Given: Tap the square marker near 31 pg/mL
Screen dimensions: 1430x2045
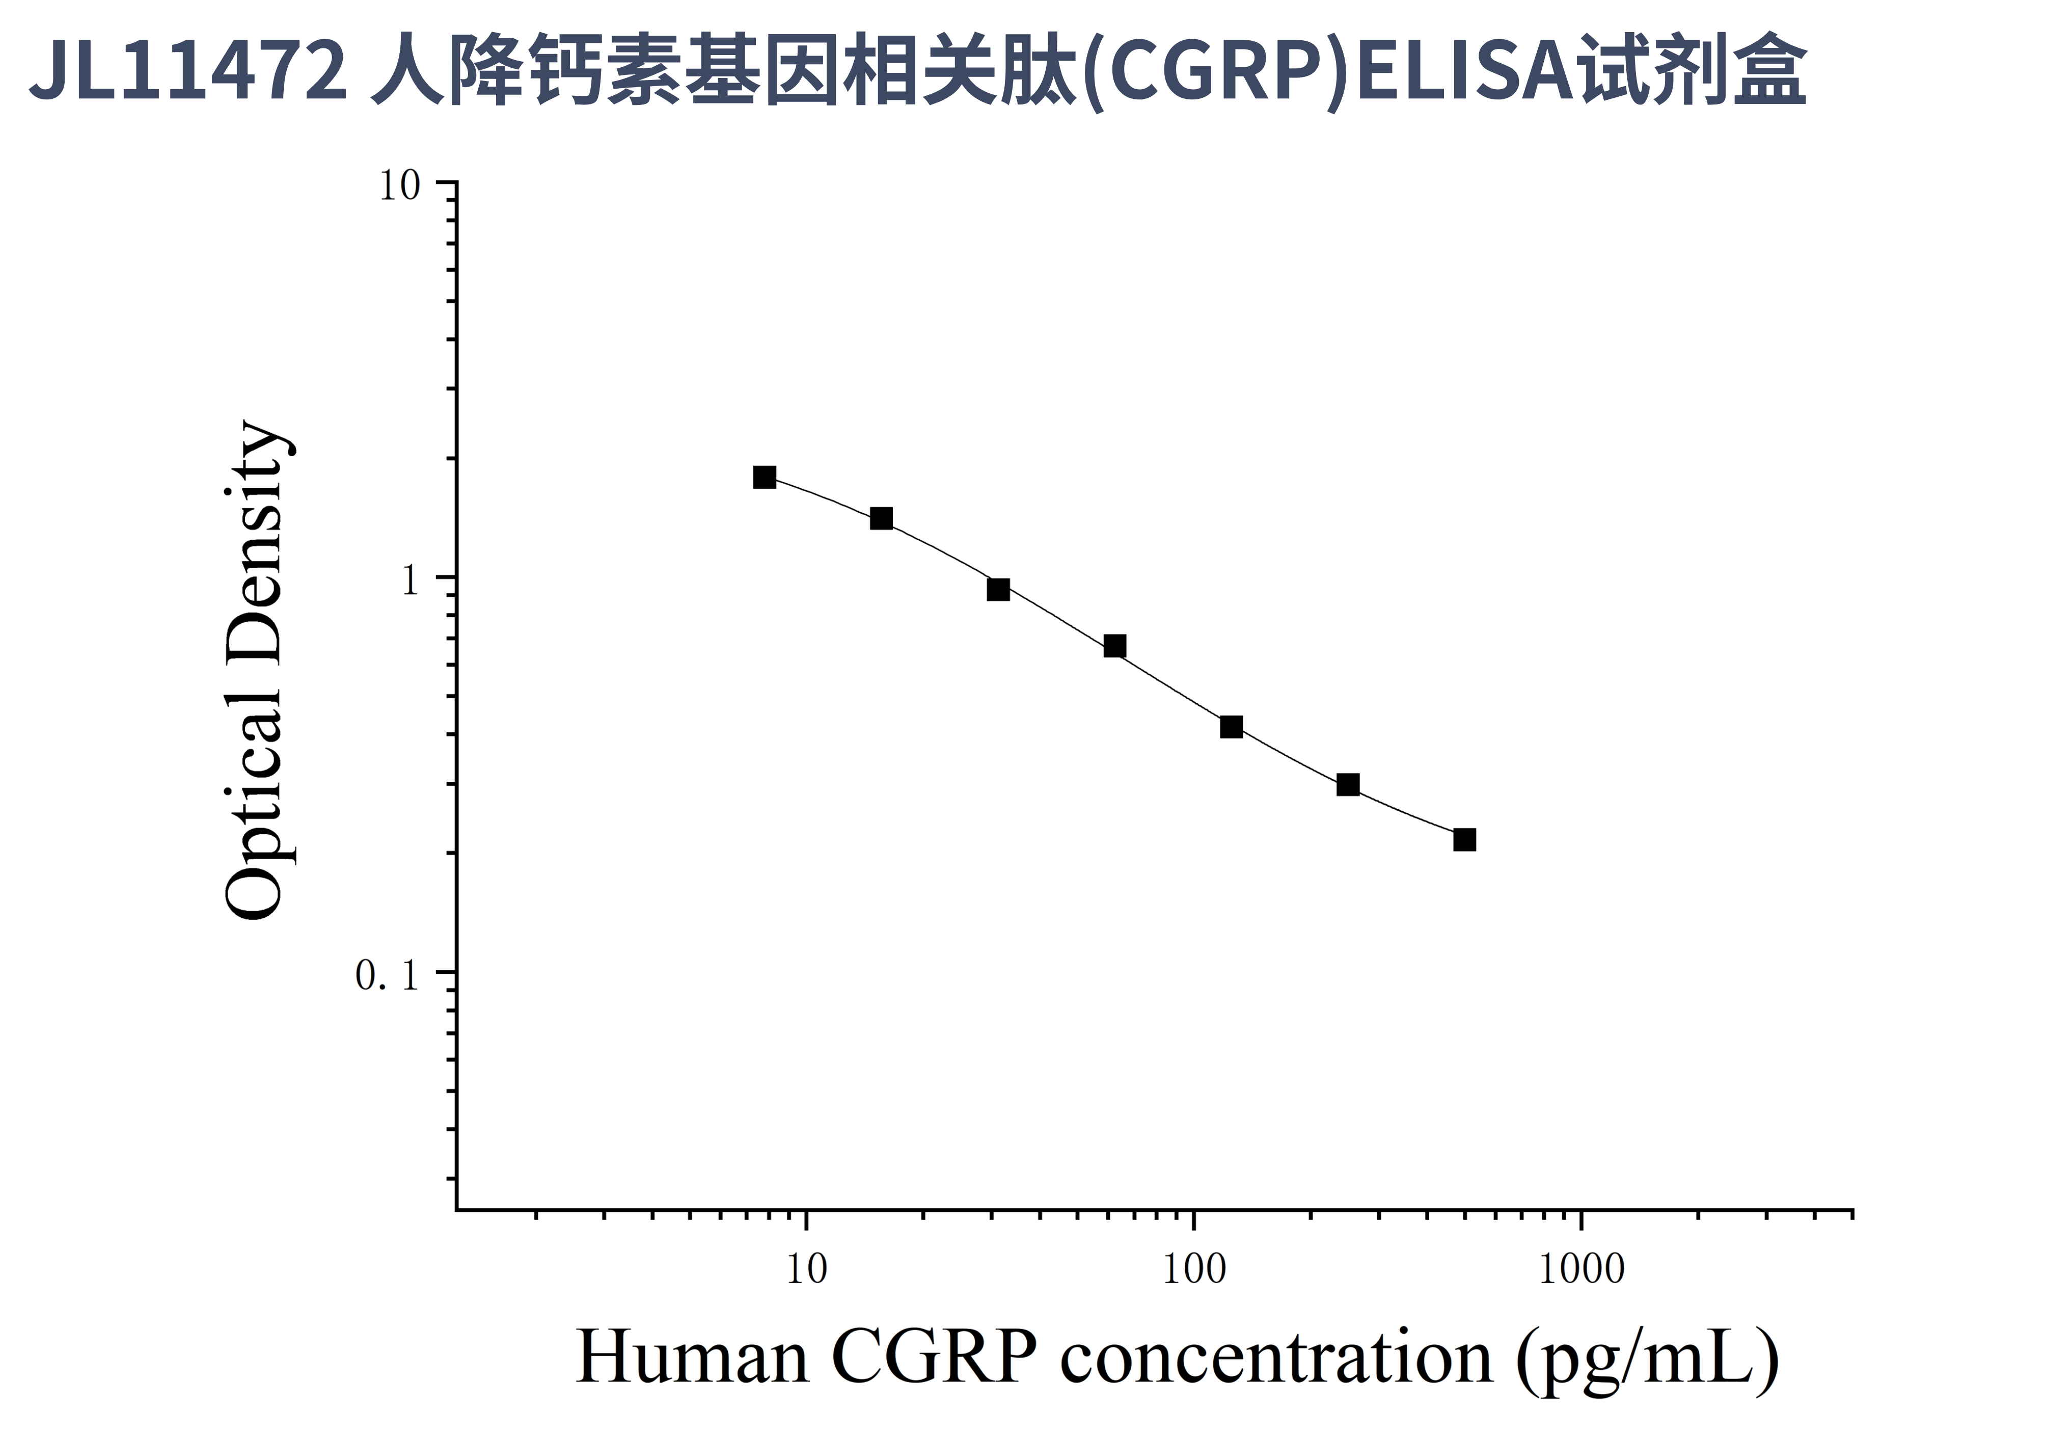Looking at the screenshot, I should tap(998, 589).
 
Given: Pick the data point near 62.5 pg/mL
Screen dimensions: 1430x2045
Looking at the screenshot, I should tap(1114, 646).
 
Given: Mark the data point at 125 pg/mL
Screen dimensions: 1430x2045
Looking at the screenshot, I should tap(1231, 727).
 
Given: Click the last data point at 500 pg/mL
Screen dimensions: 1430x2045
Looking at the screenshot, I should tap(1464, 839).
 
